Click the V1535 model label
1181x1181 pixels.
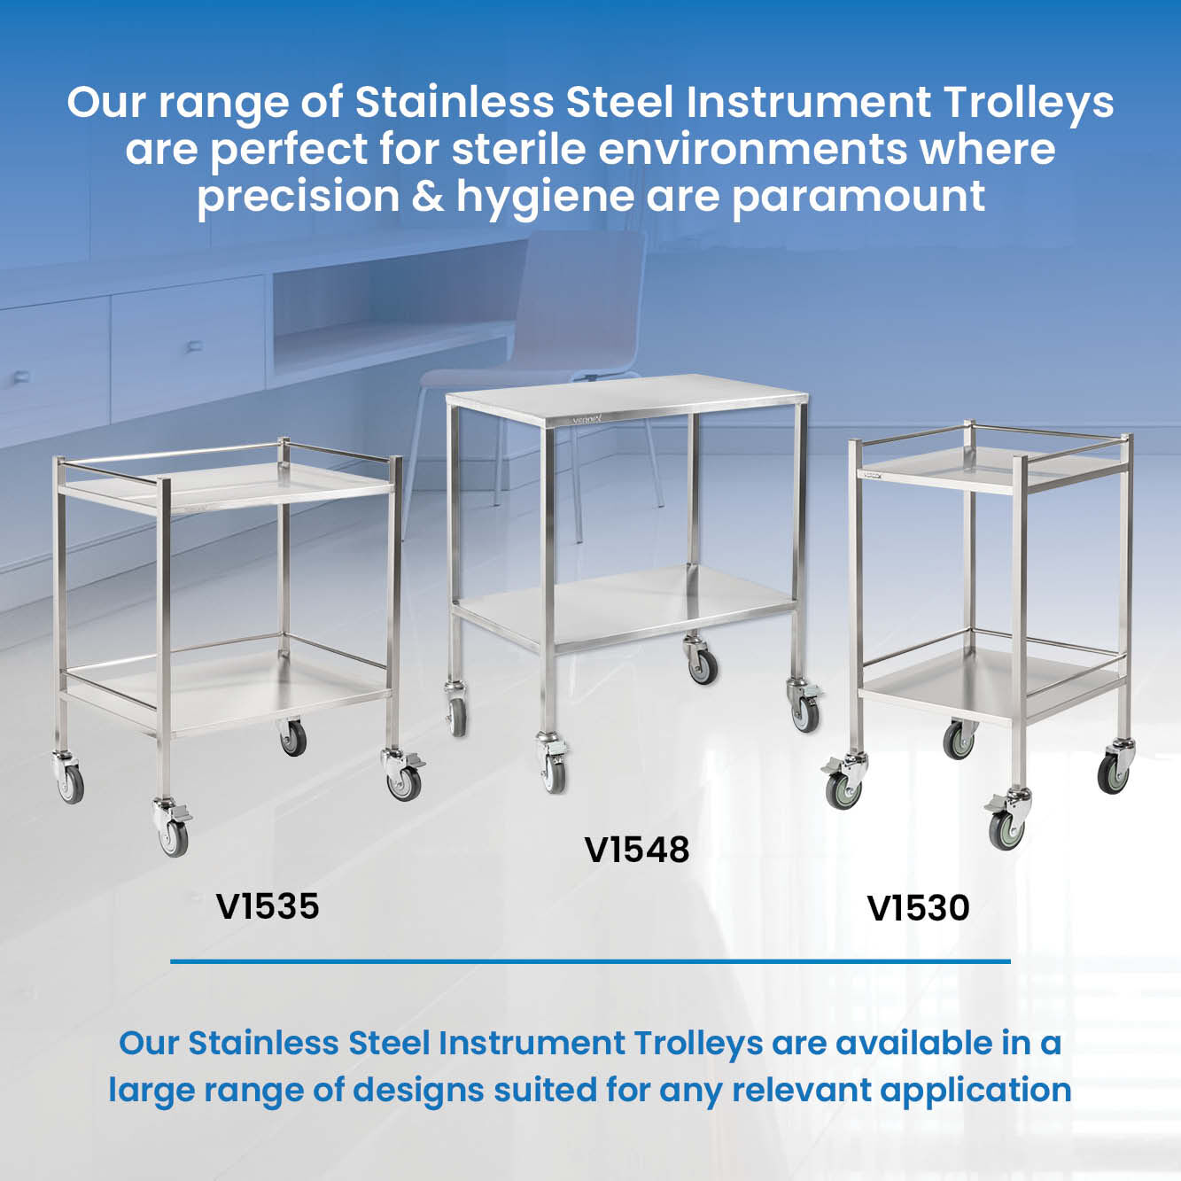(268, 906)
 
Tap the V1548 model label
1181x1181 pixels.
(637, 850)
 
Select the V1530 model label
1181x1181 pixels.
(918, 908)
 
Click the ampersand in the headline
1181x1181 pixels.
(428, 196)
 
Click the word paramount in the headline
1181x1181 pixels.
(859, 198)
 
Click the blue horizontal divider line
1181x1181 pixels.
(590, 961)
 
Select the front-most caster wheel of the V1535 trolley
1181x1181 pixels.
(174, 837)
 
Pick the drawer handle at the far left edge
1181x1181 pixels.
(20, 377)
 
